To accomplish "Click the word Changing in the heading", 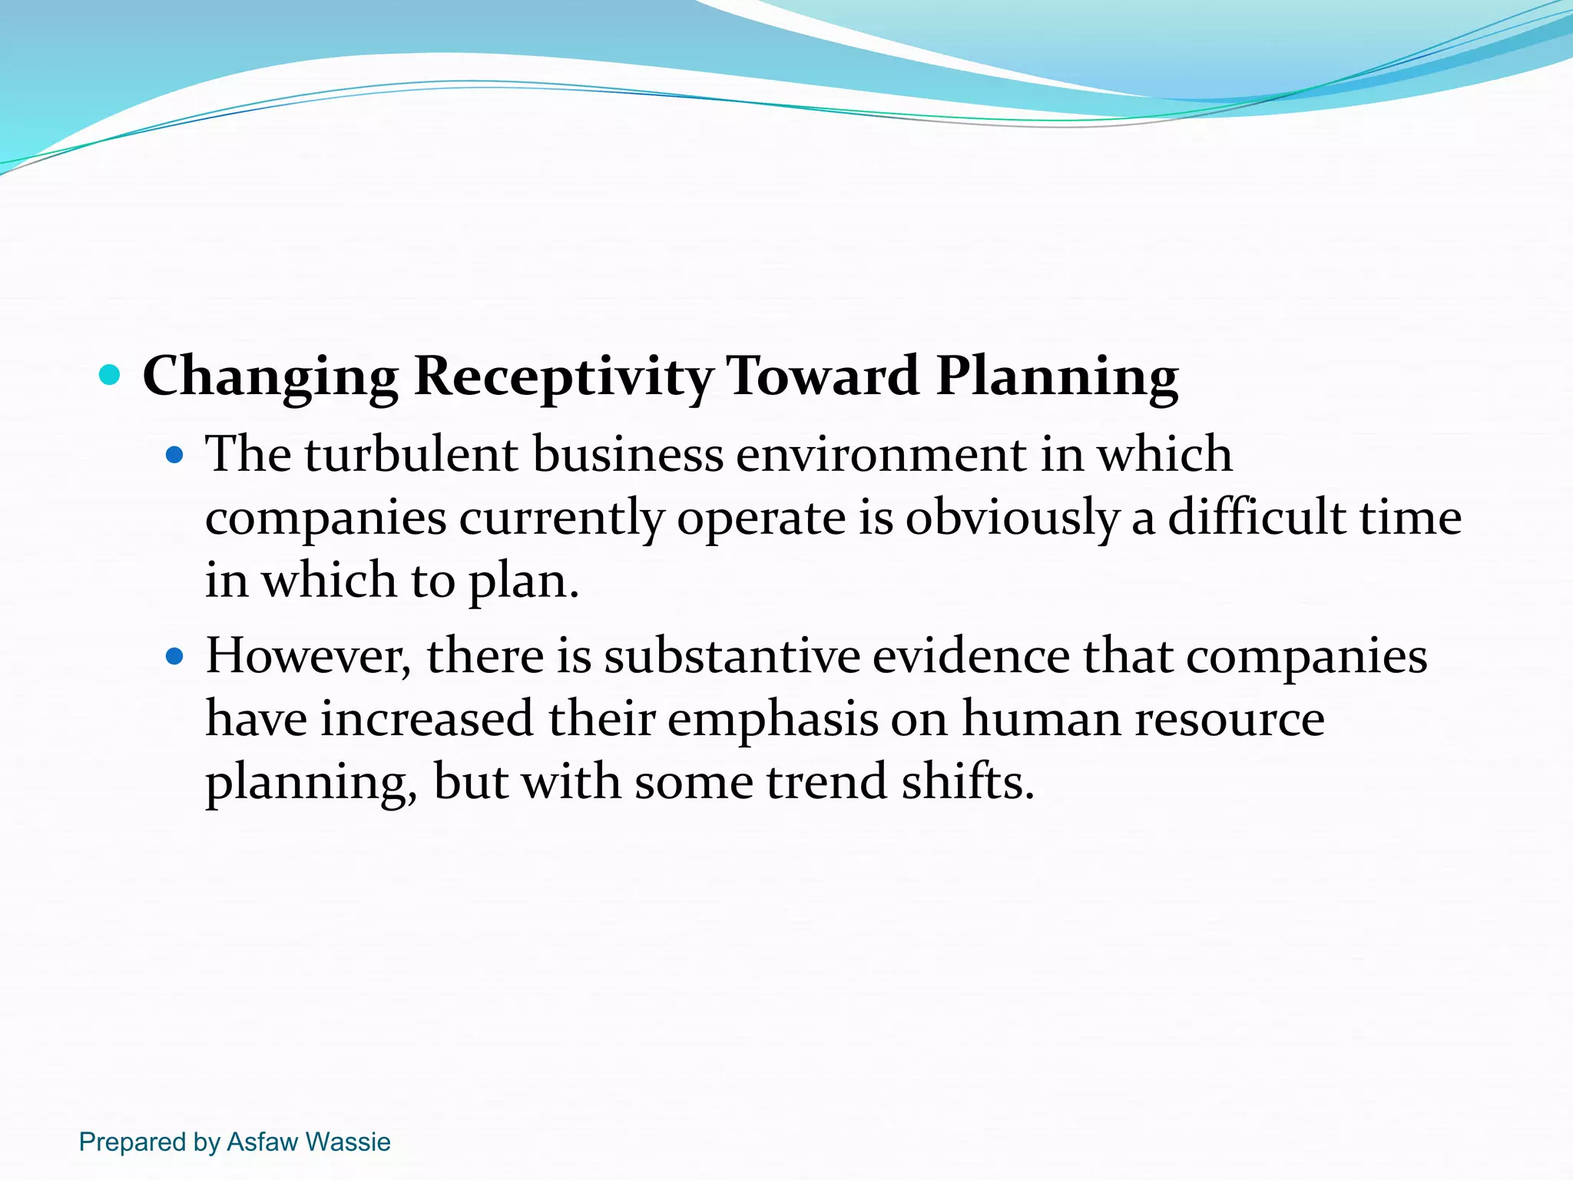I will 270,376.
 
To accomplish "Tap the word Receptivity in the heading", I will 563,376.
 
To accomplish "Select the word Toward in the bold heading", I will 823,376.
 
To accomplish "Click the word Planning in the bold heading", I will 1057,376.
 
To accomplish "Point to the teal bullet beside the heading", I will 111,376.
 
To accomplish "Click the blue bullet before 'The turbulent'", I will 175,456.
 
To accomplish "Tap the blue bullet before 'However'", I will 175,658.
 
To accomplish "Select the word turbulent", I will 411,454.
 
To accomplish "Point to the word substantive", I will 731,657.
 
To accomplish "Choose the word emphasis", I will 773,720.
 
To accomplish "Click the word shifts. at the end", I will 968,782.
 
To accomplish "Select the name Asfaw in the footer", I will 262,1142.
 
